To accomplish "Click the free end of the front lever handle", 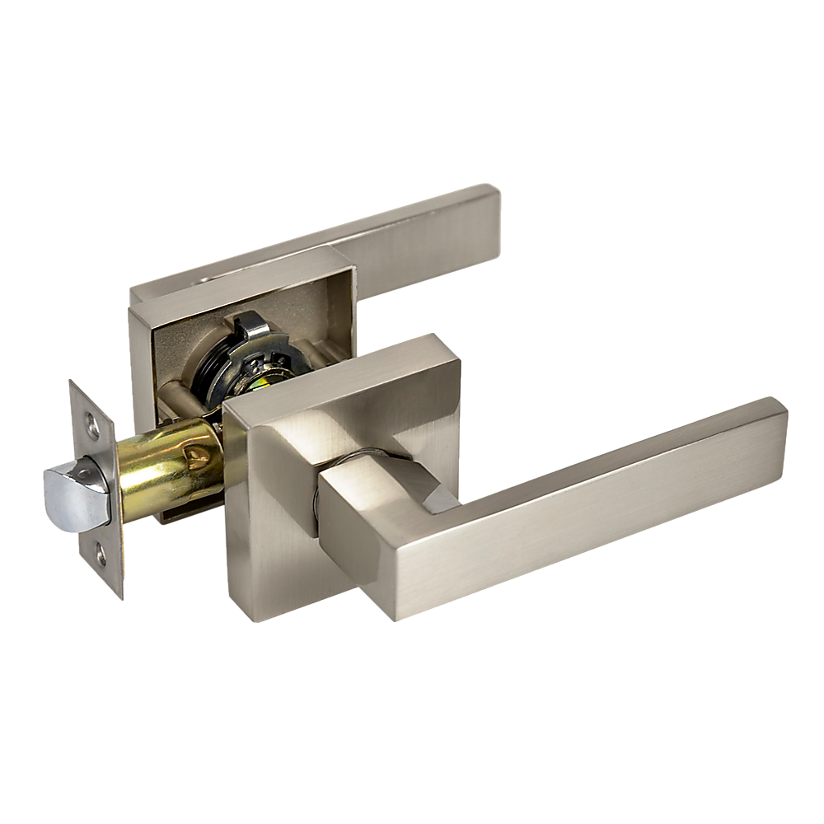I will click(x=762, y=428).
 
